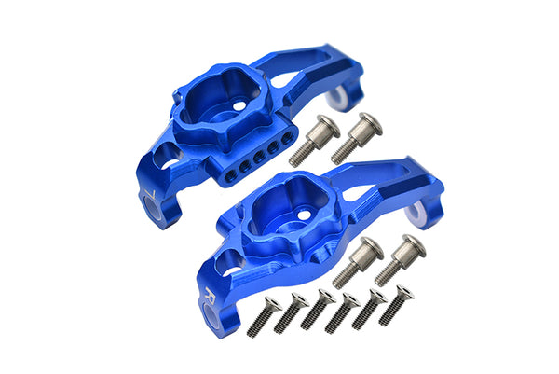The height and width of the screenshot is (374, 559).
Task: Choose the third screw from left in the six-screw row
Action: pos(316,311)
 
